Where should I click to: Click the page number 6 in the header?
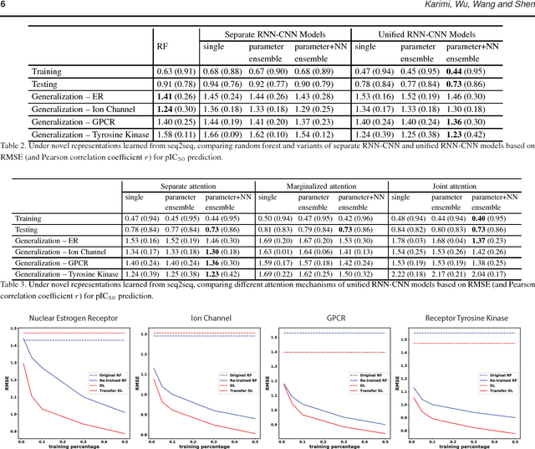coord(3,7)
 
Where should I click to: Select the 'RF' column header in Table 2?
coord(163,48)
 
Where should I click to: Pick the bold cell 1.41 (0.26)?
coord(176,97)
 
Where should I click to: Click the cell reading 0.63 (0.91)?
coord(176,72)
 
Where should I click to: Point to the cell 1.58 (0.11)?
coord(176,135)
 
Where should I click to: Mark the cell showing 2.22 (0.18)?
coord(410,274)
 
